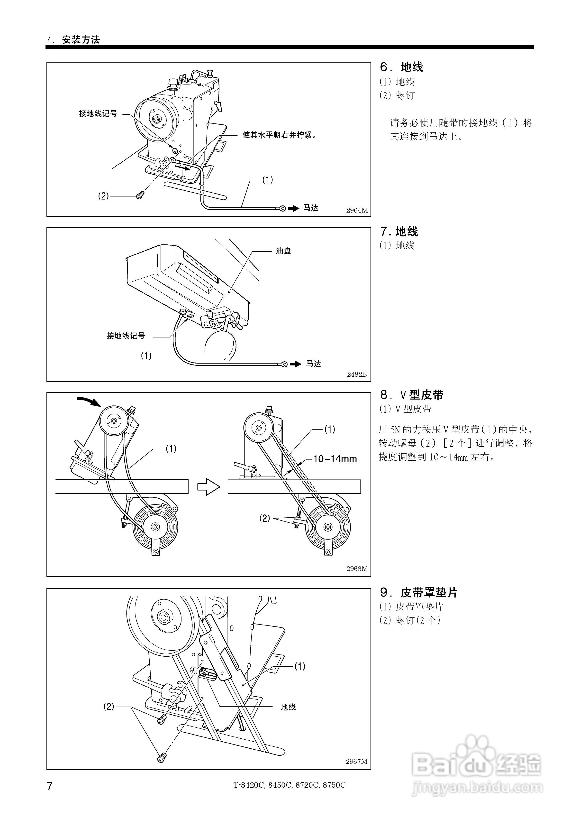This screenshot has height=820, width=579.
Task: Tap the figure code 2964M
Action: (x=357, y=210)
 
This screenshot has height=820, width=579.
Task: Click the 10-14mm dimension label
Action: (x=335, y=459)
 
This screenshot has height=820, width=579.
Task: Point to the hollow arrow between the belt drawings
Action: (x=208, y=486)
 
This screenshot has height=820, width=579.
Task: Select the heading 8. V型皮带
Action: (x=412, y=395)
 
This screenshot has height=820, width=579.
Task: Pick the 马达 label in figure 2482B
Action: (x=313, y=363)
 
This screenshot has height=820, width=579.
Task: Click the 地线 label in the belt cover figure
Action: (x=288, y=707)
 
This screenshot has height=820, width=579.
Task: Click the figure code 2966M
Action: (x=357, y=568)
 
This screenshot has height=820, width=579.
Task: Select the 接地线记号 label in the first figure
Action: (x=98, y=113)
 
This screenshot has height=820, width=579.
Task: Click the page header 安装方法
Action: (x=81, y=40)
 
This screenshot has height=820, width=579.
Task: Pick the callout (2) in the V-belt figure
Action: (x=264, y=518)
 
